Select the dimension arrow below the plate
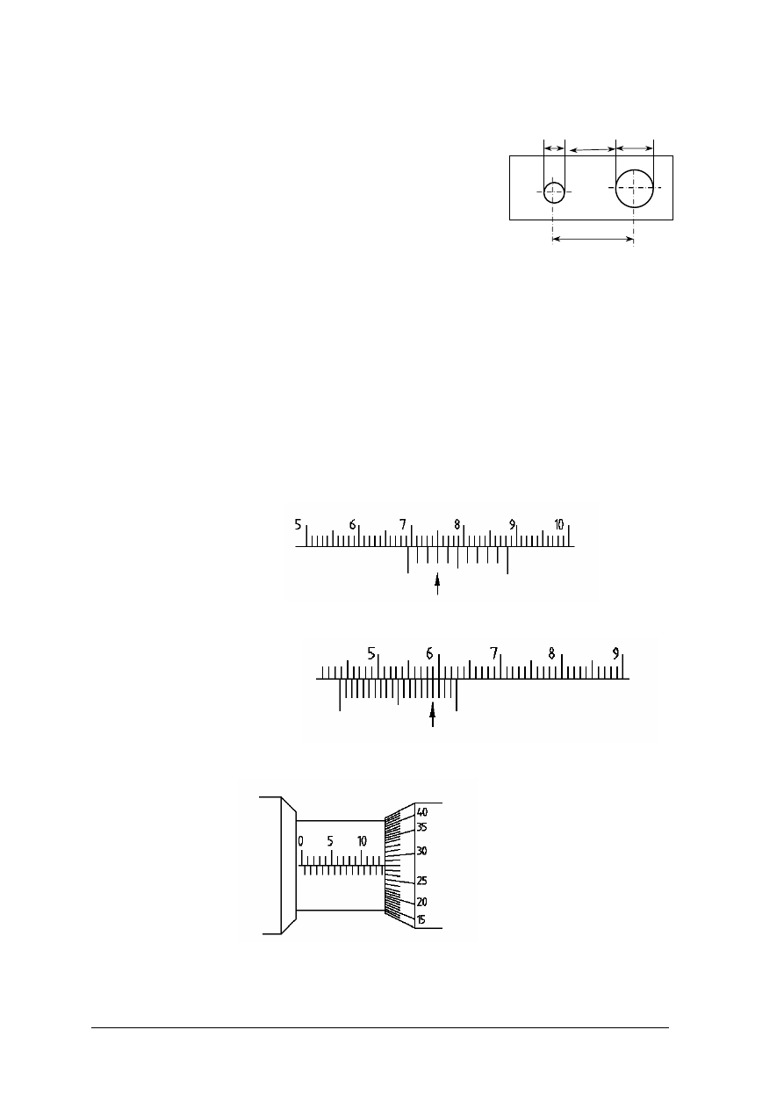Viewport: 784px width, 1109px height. click(x=593, y=239)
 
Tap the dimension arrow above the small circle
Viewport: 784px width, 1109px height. click(x=554, y=148)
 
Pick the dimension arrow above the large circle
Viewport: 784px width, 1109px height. click(x=635, y=148)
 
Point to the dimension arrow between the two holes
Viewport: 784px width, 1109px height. click(x=592, y=149)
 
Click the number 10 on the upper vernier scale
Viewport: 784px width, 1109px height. click(x=558, y=524)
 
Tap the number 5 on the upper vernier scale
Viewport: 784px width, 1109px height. click(x=298, y=524)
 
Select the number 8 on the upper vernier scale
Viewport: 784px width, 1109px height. click(x=457, y=524)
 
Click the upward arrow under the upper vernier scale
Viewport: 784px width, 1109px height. click(x=437, y=584)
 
